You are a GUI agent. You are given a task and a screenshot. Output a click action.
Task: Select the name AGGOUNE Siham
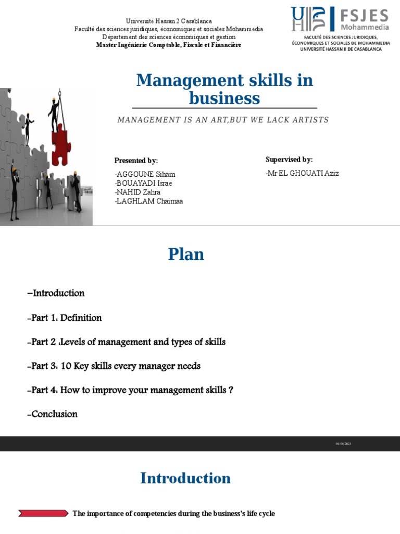(145, 174)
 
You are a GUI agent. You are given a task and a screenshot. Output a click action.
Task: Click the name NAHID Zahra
(138, 192)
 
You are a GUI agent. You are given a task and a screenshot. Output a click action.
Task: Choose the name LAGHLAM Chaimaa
(149, 201)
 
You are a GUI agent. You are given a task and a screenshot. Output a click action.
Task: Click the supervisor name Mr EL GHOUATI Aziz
(302, 173)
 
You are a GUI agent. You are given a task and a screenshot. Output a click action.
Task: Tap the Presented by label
(136, 161)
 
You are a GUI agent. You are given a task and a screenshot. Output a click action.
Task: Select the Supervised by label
(289, 160)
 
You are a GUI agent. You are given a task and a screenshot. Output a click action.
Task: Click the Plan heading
(186, 254)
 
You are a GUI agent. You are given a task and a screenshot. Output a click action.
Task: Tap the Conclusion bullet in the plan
(52, 414)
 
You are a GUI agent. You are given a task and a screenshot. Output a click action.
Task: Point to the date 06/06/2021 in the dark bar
(344, 444)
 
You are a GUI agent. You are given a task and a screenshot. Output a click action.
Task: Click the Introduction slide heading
(185, 478)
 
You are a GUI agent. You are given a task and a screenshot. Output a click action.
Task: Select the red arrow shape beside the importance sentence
(43, 514)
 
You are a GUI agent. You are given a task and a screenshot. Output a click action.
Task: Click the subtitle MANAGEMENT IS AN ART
(223, 120)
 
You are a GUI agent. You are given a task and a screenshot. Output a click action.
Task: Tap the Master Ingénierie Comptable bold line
(169, 45)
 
